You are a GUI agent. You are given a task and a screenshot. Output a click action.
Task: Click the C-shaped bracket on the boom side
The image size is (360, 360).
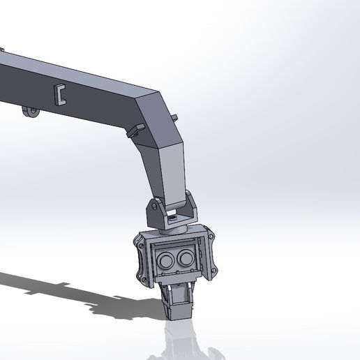click(x=61, y=94)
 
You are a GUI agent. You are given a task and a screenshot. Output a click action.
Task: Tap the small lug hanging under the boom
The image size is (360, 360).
click(x=29, y=112)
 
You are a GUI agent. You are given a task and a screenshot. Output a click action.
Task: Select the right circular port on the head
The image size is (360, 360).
click(x=186, y=259)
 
